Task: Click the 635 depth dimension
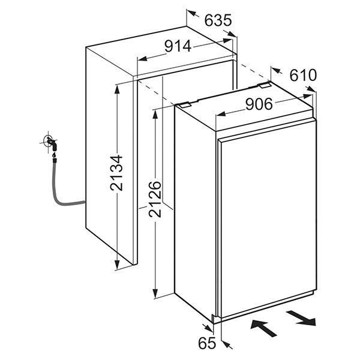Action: coord(218,20)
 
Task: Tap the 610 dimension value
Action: coord(302,76)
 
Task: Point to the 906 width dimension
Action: coord(259,104)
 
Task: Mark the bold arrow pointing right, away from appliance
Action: coord(301,317)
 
